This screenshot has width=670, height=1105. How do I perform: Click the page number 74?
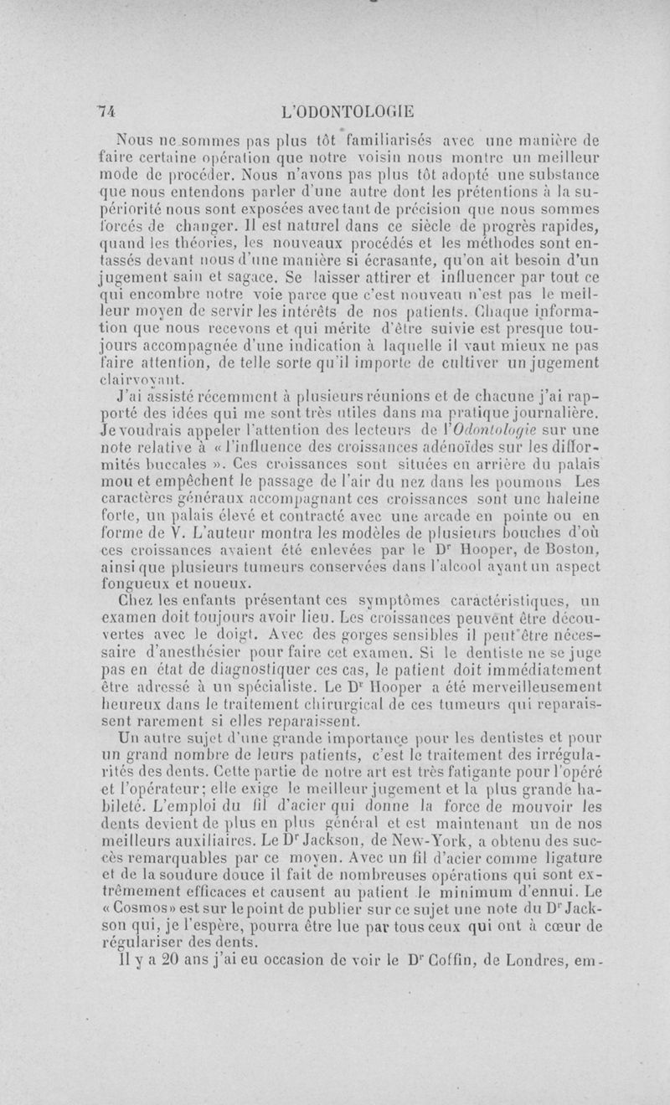click(x=105, y=109)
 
